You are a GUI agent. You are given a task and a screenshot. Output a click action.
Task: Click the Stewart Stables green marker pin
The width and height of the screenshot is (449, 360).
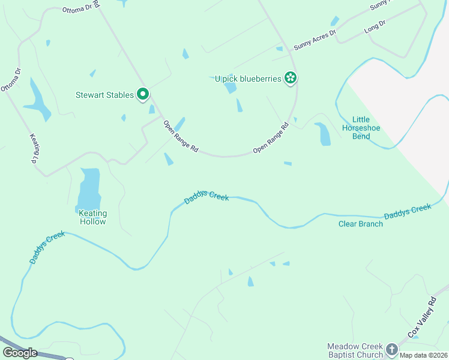click(x=143, y=95)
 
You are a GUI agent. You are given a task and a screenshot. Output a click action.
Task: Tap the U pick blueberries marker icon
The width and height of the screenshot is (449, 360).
click(x=291, y=78)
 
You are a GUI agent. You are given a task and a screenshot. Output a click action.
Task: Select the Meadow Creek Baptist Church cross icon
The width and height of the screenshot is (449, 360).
click(x=392, y=350)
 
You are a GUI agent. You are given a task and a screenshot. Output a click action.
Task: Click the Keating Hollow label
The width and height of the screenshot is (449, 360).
click(x=92, y=217)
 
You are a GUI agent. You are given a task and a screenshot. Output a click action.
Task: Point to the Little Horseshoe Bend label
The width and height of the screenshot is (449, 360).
click(x=361, y=128)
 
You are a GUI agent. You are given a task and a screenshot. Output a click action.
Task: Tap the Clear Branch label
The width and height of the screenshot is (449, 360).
click(x=360, y=224)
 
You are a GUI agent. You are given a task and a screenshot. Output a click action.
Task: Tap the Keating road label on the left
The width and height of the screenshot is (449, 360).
click(x=34, y=148)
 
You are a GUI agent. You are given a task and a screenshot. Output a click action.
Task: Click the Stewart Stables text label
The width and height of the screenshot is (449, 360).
click(x=104, y=95)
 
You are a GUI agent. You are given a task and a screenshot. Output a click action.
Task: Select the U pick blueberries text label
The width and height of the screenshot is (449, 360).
click(x=248, y=79)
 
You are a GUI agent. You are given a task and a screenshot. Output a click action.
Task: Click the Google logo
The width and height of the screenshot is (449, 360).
click(x=20, y=353)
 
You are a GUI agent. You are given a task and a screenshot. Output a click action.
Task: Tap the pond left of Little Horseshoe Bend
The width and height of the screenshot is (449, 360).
click(x=323, y=134)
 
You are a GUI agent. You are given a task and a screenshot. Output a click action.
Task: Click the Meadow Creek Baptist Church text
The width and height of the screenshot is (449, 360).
click(x=355, y=350)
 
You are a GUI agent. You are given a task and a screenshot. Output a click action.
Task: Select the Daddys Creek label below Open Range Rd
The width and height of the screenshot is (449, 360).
click(x=206, y=196)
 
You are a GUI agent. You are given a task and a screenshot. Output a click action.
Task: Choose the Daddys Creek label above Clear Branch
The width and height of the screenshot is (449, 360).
click(x=408, y=211)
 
